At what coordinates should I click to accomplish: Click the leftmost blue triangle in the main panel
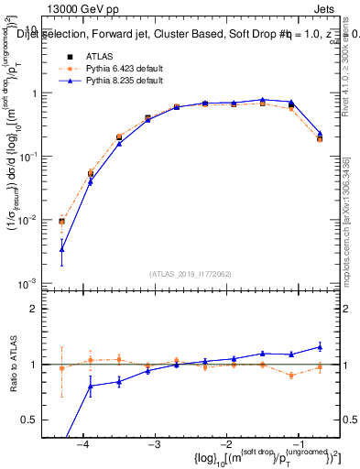click(61, 249)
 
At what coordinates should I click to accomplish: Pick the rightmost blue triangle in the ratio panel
click(320, 346)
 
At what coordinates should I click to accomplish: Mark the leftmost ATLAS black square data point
click(61, 222)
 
